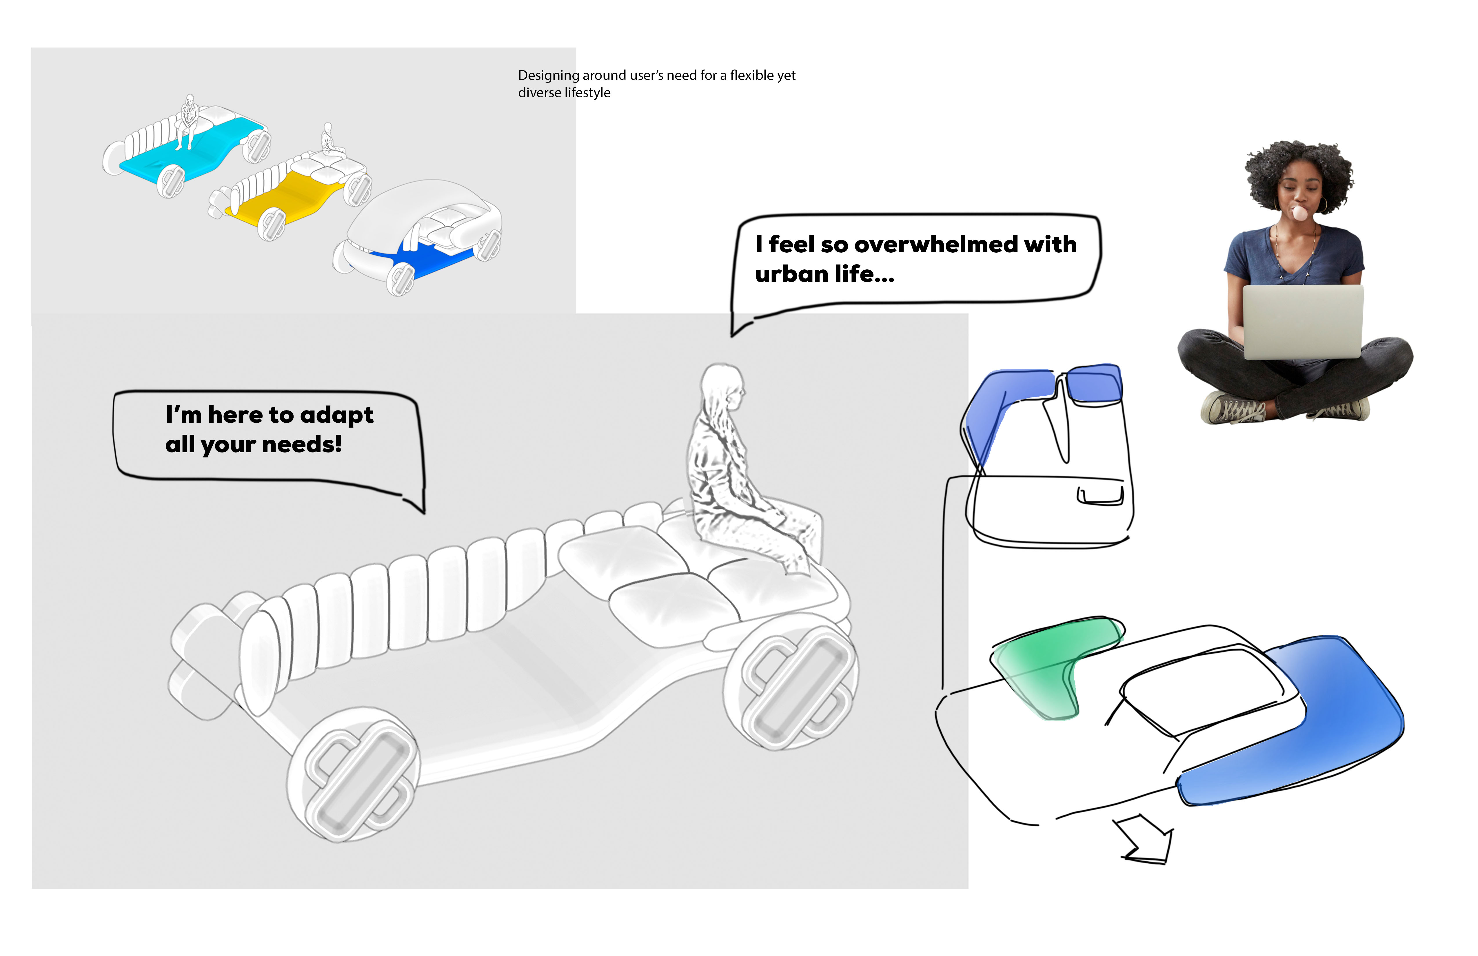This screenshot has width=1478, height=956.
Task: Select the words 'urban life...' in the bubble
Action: [825, 274]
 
